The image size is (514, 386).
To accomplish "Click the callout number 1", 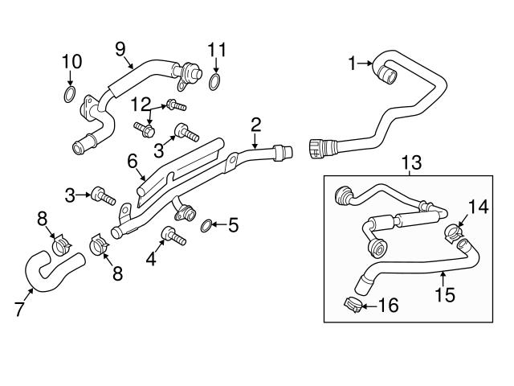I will [351, 61].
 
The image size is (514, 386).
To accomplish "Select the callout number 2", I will [256, 124].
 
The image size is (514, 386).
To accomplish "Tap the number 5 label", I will [234, 225].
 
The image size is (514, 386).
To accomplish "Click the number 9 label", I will [120, 50].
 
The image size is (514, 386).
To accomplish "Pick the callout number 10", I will [71, 61].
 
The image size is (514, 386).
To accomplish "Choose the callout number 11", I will [214, 50].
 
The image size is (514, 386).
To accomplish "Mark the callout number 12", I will [141, 104].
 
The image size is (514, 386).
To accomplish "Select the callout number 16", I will [389, 306].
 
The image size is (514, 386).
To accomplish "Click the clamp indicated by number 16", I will [350, 305].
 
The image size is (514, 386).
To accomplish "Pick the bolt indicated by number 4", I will [173, 236].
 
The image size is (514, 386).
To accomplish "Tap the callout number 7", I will [19, 310].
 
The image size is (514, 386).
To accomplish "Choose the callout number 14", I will [479, 206].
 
